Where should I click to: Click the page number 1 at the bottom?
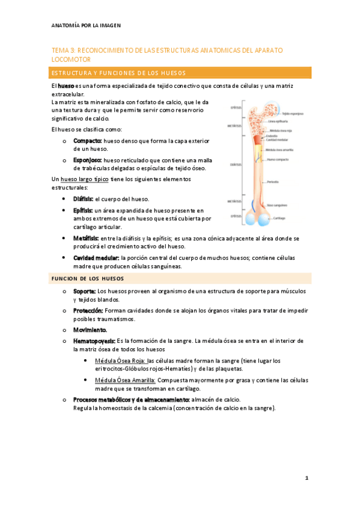(307, 478)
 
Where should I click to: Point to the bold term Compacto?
(88, 140)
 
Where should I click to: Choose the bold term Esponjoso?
(90, 161)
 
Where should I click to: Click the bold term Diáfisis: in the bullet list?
(84, 198)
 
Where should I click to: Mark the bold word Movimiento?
(90, 330)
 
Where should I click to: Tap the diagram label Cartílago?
(279, 218)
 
